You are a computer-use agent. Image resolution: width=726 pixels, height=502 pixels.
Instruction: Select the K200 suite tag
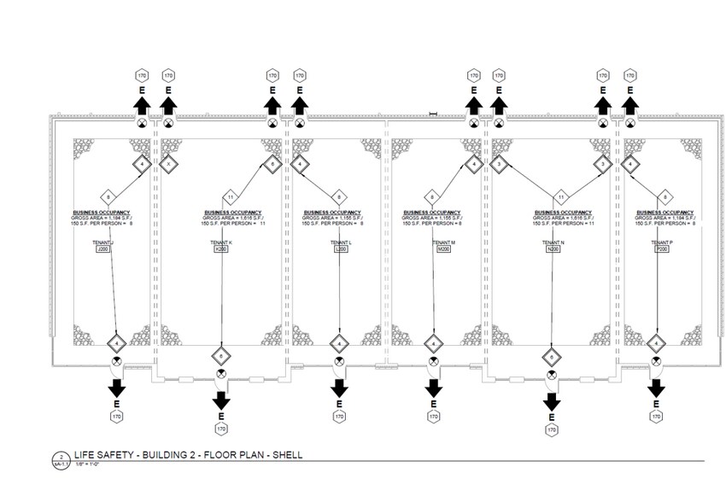pos(221,250)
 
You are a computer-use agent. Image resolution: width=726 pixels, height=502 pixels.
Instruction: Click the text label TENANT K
pos(221,242)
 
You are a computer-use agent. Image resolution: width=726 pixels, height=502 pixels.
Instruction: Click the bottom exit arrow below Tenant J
pos(116,388)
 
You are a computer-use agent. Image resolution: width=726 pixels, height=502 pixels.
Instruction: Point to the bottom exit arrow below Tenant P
pos(656,388)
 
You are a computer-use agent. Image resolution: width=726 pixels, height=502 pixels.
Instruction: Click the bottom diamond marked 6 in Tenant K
pos(221,355)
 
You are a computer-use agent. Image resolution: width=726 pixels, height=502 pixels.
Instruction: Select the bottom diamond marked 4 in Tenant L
pos(340,344)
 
